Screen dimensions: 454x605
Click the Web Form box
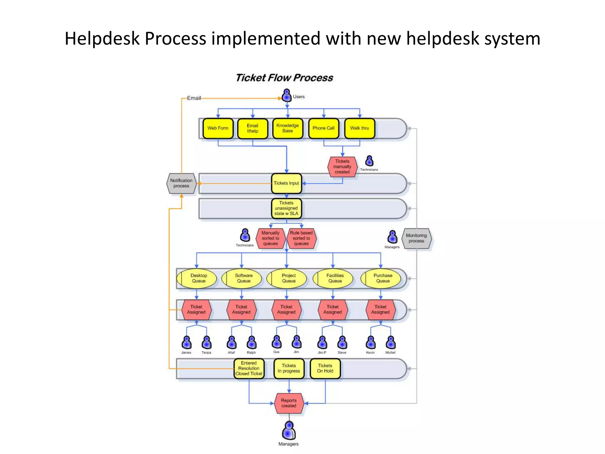pos(218,128)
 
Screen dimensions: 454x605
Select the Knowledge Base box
pos(287,128)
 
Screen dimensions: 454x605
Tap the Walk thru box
pos(359,128)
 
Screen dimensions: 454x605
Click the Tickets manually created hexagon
pos(342,167)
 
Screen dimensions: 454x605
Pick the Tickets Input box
pos(286,183)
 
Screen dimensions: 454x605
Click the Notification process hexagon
pos(181,183)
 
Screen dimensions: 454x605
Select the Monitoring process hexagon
pos(416,238)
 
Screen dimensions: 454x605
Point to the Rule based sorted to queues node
pos(301,238)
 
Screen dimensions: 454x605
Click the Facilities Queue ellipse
pos(335,278)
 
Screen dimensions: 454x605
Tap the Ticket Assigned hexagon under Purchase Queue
pos(380,309)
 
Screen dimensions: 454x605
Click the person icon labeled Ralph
pos(251,343)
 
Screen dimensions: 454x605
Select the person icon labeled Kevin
pos(370,343)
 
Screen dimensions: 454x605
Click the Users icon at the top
pos(287,95)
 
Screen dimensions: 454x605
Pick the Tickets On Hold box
pos(325,368)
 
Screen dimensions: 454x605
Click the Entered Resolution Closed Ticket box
pos(249,368)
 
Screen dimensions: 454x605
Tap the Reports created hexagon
pos(289,403)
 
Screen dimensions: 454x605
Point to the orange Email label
pos(194,98)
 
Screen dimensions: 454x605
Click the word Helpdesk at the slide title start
pos(102,38)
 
